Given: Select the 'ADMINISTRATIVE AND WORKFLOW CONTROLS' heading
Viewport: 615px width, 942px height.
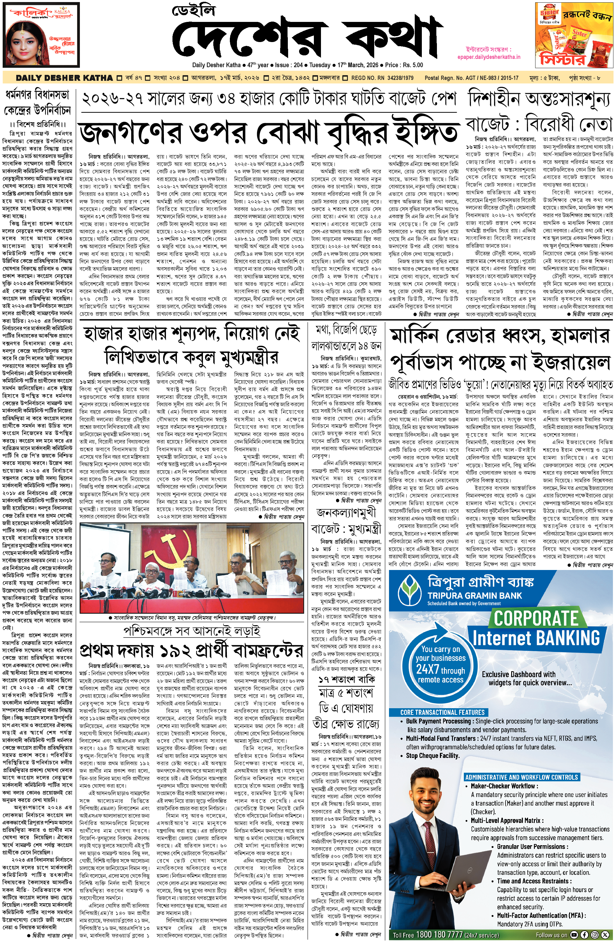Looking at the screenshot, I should coord(521,777).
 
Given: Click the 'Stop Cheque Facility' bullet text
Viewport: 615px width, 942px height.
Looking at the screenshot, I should coord(433,755).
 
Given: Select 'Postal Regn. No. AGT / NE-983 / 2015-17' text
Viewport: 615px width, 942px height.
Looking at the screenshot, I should coord(472,78).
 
